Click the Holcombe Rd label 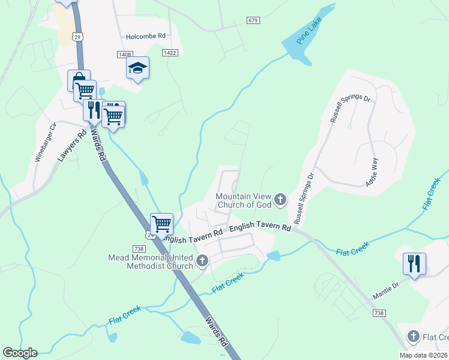pos(145,37)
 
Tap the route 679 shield pos(253,21)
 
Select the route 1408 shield pos(124,55)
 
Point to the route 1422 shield pos(170,53)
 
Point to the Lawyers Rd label pos(68,145)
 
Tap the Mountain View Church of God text pos(243,200)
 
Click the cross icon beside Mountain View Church pos(280,200)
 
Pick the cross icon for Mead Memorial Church pos(202,262)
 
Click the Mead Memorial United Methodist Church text pos(151,262)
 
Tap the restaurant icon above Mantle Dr pos(414,263)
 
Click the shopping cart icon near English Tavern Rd pos(161,224)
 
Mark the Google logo pos(20,353)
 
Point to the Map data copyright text pos(423,355)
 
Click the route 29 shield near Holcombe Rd pos(77,37)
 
